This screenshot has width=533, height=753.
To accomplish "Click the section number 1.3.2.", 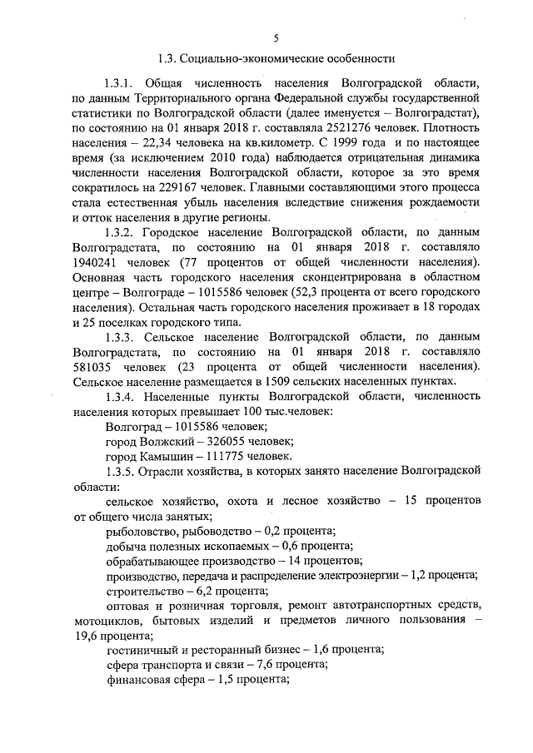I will [x=119, y=234].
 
